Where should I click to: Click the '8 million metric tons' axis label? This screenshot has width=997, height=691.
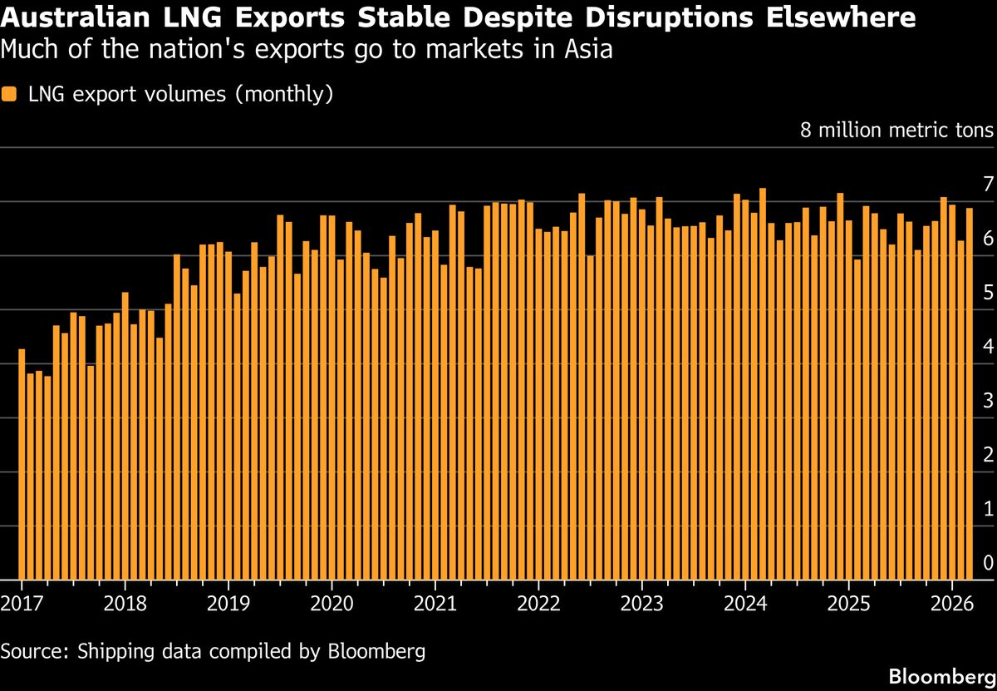(x=896, y=131)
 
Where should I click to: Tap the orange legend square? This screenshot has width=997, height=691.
(x=9, y=94)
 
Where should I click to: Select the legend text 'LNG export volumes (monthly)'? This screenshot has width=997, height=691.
(x=180, y=94)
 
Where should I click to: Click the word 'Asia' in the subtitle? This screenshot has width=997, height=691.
(x=589, y=50)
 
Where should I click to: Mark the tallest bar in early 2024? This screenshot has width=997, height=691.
(x=763, y=383)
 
